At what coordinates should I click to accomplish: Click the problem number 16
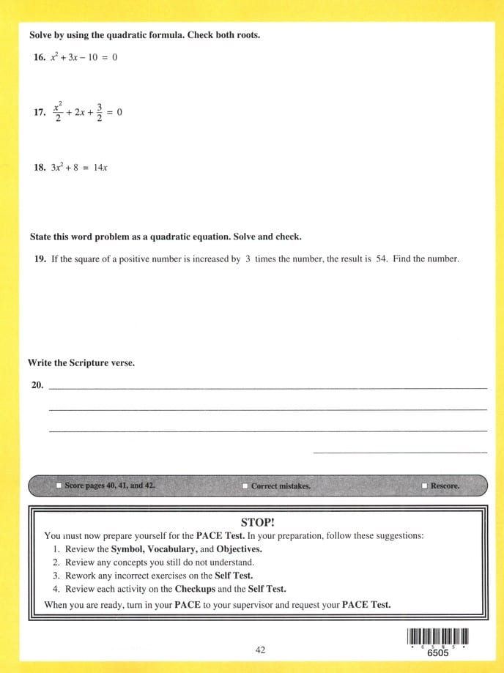pos(39,58)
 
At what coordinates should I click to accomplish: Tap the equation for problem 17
pos(86,112)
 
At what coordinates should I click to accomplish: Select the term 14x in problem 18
pos(100,168)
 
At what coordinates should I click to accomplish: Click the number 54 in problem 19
pos(381,259)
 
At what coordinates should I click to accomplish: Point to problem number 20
pos(37,384)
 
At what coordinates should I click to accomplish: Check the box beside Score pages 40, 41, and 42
pos(59,486)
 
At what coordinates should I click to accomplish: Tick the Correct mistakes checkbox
pos(245,486)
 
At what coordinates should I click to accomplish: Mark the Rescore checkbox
pos(424,486)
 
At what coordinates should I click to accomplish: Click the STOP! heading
pos(257,522)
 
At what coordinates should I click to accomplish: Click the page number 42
pos(261,650)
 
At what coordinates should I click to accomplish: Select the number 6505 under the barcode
pos(438,654)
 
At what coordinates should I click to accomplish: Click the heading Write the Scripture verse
pos(81,363)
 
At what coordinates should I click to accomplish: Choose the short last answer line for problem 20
pos(399,453)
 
